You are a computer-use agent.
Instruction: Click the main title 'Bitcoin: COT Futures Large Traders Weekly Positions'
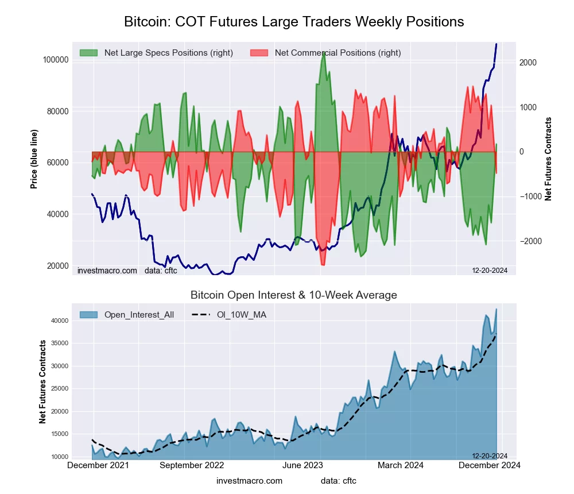[x=294, y=22]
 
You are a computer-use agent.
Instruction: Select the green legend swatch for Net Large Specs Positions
[x=89, y=53]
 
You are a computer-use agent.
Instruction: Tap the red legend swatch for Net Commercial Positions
[x=259, y=53]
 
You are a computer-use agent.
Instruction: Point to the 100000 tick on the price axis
[x=56, y=60]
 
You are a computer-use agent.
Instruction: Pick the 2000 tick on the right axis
[x=528, y=63]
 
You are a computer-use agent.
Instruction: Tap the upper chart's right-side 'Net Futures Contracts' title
[x=548, y=159]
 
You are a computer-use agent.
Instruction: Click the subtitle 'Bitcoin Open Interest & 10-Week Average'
[x=294, y=295]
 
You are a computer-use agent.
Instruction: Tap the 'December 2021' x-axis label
[x=98, y=465]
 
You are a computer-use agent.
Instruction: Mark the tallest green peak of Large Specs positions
[x=324, y=52]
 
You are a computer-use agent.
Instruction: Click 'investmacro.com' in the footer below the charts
[x=249, y=481]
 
